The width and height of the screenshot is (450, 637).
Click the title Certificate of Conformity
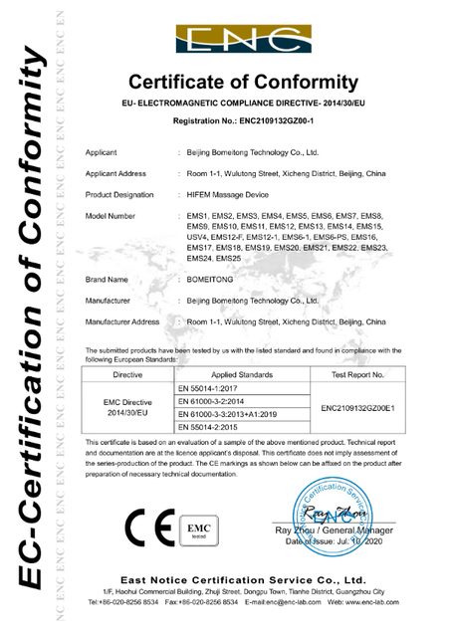(x=244, y=81)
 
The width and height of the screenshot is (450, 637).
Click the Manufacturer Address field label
(x=122, y=322)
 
